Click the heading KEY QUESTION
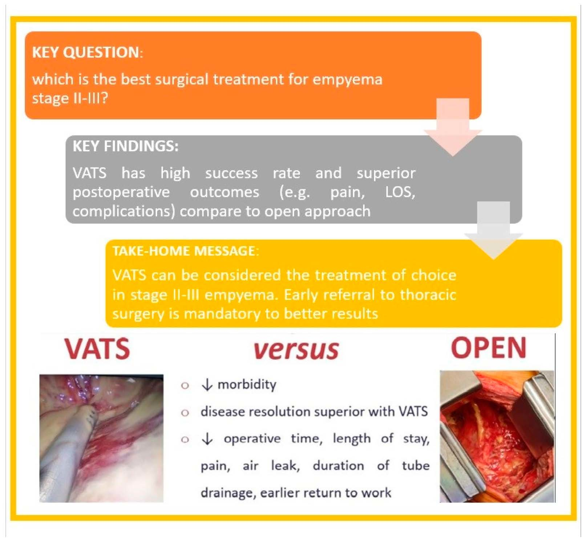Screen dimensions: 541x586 pyautogui.click(x=86, y=52)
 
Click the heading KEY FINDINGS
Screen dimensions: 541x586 pyautogui.click(x=125, y=146)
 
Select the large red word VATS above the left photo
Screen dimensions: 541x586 pyautogui.click(x=97, y=348)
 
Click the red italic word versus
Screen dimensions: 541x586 pyautogui.click(x=296, y=350)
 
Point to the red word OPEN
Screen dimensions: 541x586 pyautogui.click(x=488, y=348)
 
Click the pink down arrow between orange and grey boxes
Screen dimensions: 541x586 pyautogui.click(x=453, y=127)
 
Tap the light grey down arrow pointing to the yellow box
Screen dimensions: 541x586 pyautogui.click(x=493, y=231)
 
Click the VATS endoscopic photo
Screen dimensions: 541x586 pyautogui.click(x=101, y=438)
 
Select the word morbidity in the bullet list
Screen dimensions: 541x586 pyautogui.click(x=247, y=384)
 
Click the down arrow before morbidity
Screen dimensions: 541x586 pyautogui.click(x=207, y=384)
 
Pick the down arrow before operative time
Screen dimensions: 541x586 pyautogui.click(x=207, y=439)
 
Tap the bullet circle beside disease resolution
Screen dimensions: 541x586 pyautogui.click(x=185, y=413)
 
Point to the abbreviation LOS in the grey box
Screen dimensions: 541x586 pyautogui.click(x=400, y=192)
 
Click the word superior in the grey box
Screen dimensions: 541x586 pyautogui.click(x=386, y=173)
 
